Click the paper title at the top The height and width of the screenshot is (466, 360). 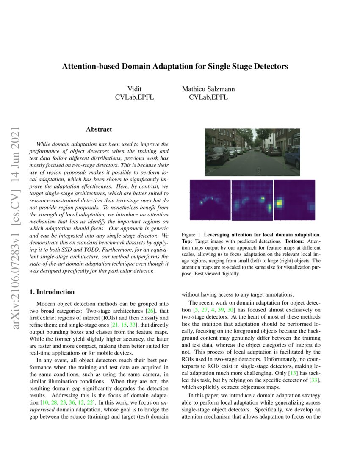tap(175, 67)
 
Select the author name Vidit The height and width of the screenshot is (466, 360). tap(135, 89)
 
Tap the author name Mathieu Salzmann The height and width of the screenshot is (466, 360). tap(208, 89)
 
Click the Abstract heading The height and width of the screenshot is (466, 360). tap(99, 129)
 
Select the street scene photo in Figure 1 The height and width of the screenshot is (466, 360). tap(252, 152)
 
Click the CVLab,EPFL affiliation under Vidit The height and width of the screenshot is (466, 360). tap(135, 97)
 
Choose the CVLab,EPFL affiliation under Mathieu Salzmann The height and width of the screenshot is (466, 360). tap(208, 97)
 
